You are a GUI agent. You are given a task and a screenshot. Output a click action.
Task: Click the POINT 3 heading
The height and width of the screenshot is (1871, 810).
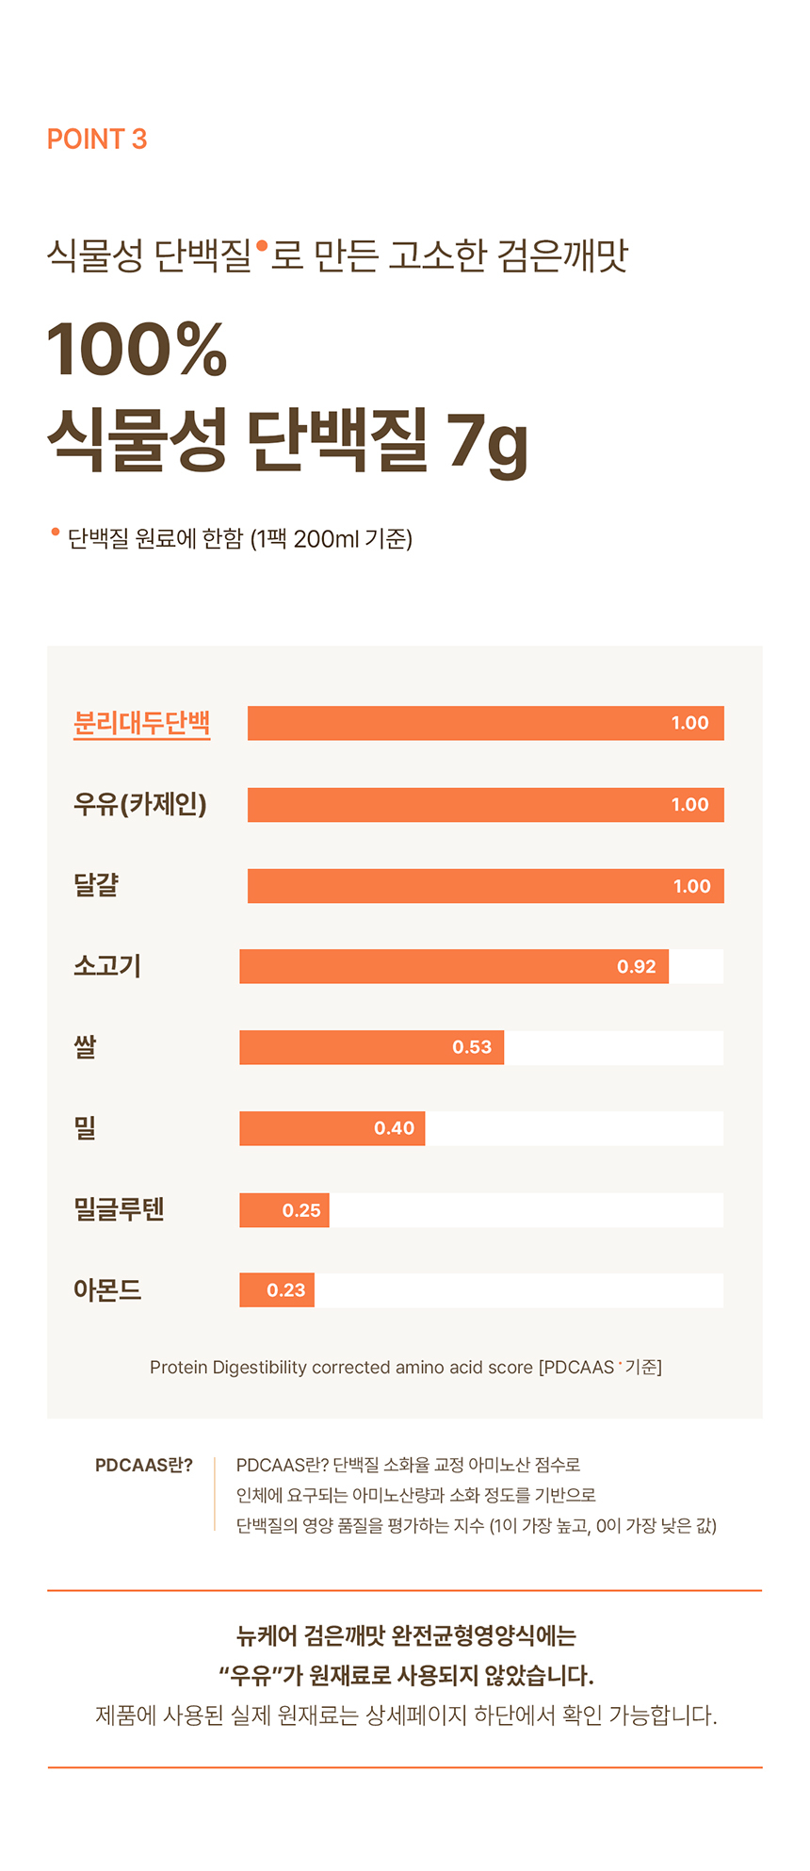point(97,140)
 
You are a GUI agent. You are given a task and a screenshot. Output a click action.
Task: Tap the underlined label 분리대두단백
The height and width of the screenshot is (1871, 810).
point(141,723)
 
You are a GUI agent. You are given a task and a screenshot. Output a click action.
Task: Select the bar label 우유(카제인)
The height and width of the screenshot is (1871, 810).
point(139,804)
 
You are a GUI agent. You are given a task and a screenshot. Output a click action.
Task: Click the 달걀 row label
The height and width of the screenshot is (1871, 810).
point(96,885)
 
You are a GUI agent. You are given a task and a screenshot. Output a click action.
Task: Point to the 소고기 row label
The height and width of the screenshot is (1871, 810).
point(107,966)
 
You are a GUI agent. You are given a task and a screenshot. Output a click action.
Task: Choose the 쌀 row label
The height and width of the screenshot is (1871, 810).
point(85,1047)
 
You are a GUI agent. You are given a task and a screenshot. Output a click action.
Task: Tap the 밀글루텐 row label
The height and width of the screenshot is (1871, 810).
point(119,1209)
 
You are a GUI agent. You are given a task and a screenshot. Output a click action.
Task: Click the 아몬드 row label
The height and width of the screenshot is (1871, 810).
point(107,1290)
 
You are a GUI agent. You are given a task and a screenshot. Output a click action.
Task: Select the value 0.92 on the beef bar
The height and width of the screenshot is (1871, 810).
point(636,967)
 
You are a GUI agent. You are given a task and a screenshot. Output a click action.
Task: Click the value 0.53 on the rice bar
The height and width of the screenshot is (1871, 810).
point(472,1047)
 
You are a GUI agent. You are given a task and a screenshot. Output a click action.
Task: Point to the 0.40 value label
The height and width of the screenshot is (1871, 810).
point(394,1128)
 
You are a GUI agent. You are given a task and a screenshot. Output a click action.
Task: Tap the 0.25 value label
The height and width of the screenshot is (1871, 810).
point(301,1210)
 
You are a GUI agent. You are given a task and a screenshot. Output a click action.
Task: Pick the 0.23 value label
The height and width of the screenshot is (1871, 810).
point(285,1290)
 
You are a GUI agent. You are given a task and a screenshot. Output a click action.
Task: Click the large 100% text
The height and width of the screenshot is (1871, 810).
point(138,350)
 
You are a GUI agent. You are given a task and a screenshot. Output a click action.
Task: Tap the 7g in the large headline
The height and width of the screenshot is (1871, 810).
point(487,442)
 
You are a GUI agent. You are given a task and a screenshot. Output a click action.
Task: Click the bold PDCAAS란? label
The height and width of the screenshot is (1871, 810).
point(143,1466)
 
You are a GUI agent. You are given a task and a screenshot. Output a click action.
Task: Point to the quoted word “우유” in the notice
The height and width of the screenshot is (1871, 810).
point(250,1676)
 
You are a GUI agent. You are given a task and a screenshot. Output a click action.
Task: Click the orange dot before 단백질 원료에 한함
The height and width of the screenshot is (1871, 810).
point(56,533)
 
